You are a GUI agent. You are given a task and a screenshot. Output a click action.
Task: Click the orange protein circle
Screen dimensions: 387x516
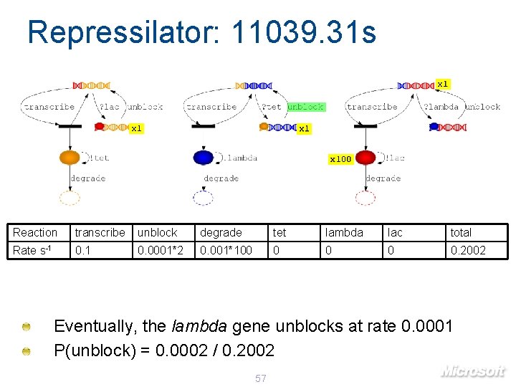pos(70,157)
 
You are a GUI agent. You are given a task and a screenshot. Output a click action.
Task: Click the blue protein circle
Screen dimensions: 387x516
pos(204,157)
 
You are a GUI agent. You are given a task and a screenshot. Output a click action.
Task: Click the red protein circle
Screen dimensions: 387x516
pos(365,157)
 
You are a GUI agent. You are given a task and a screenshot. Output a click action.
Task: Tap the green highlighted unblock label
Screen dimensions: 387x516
pos(306,107)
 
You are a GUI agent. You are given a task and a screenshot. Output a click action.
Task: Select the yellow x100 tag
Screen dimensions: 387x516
pos(340,158)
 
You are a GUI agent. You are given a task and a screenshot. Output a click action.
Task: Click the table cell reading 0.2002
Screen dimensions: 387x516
pos(467,250)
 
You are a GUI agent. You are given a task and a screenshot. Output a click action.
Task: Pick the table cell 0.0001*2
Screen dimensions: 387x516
pos(161,250)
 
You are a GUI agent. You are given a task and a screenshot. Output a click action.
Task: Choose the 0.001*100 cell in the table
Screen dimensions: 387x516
pos(226,250)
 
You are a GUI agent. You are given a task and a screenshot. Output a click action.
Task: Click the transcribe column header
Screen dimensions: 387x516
pos(100,232)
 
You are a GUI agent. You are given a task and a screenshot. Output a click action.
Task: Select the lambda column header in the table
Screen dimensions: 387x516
pos(344,232)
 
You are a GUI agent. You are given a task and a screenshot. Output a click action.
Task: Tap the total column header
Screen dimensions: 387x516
pos(461,232)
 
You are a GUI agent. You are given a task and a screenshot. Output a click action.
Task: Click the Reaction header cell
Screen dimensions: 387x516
pos(35,232)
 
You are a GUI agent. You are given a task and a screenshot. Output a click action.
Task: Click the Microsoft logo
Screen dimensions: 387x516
pos(473,371)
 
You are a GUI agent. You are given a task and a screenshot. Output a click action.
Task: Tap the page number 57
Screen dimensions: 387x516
pos(261,378)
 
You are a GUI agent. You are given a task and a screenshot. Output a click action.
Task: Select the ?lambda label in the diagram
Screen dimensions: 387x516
pos(440,107)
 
